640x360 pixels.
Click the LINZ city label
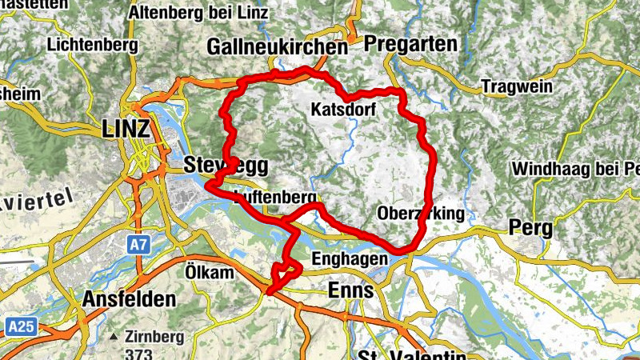(x=126, y=129)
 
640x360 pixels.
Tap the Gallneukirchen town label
(x=277, y=48)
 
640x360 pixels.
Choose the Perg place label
(x=530, y=229)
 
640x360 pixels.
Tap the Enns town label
(x=350, y=290)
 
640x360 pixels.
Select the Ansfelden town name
(x=129, y=300)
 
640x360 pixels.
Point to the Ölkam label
(x=209, y=272)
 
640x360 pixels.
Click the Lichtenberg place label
(x=92, y=45)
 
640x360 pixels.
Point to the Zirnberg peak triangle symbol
(x=115, y=336)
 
